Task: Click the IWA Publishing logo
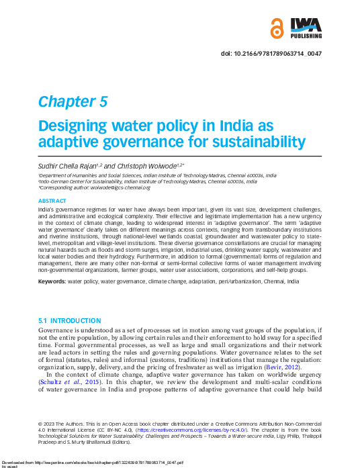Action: pyautogui.click(x=306, y=28)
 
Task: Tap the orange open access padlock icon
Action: pyautogui.click(x=277, y=29)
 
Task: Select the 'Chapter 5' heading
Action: pyautogui.click(x=73, y=101)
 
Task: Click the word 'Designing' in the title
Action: pyautogui.click(x=72, y=127)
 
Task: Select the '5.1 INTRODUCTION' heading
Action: pyautogui.click(x=70, y=321)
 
